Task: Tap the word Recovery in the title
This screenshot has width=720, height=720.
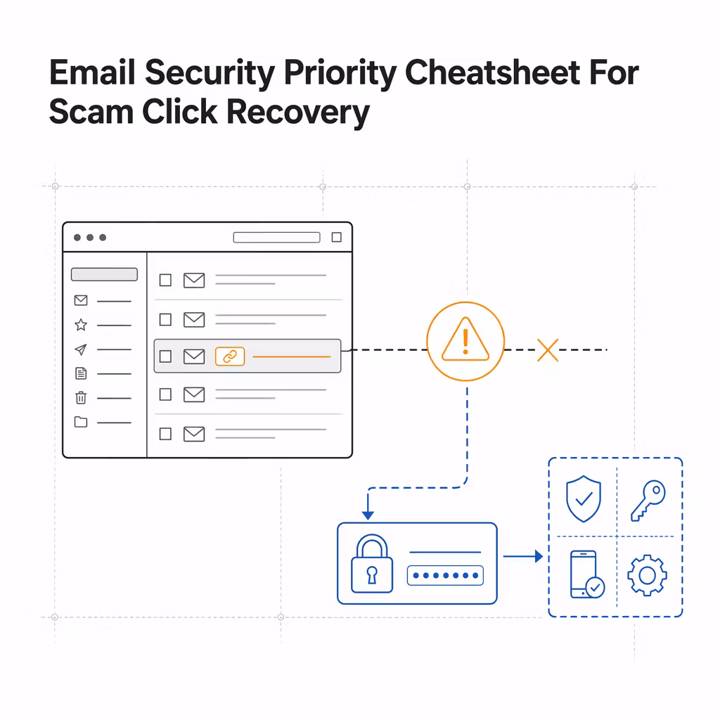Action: tap(298, 112)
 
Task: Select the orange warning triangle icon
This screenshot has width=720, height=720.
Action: tap(465, 340)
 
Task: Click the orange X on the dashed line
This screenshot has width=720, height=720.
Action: tap(547, 350)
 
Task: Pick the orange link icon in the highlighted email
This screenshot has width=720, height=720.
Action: tap(230, 356)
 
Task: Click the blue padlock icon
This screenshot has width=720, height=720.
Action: tap(372, 563)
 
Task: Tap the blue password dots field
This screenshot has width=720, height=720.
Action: tap(445, 575)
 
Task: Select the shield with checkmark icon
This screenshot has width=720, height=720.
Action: tap(583, 499)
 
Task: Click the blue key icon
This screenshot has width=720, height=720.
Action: tap(648, 501)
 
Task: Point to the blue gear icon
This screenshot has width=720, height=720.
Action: tap(647, 575)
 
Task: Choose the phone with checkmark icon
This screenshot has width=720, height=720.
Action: tap(587, 574)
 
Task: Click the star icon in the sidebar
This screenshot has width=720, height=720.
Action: tap(81, 325)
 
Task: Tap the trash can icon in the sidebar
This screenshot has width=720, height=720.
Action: tap(81, 397)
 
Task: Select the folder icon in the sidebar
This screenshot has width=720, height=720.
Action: tap(81, 422)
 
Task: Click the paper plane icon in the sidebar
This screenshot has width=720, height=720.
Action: tap(81, 349)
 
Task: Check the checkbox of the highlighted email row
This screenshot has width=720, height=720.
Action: tap(165, 356)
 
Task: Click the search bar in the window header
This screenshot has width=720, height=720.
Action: tap(276, 238)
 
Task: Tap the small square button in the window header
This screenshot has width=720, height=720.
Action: tap(337, 237)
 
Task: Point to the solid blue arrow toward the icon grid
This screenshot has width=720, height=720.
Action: tap(523, 557)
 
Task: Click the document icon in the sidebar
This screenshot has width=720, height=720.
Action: tap(81, 373)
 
